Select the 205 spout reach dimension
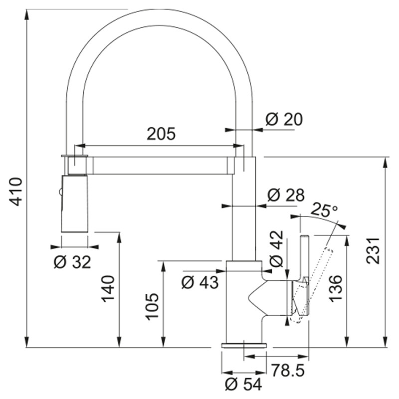(x=161, y=134)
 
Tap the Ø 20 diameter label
(x=284, y=119)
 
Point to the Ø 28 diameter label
(x=286, y=195)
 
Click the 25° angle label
(x=324, y=210)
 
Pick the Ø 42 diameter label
(x=276, y=248)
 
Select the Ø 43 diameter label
(x=200, y=282)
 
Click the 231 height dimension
(x=373, y=251)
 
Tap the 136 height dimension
(x=335, y=289)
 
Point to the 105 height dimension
(x=152, y=306)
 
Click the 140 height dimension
(x=108, y=289)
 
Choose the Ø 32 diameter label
(x=72, y=262)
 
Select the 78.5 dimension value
(x=288, y=370)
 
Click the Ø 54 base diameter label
(x=243, y=384)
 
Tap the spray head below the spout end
(x=75, y=203)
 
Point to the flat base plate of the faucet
(x=244, y=345)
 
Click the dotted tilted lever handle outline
(x=313, y=285)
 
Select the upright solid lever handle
(x=305, y=257)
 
